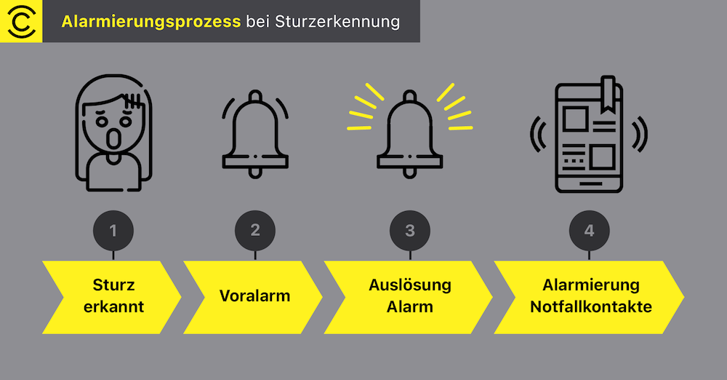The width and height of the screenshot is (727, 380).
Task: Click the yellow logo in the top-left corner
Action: click(x=21, y=21)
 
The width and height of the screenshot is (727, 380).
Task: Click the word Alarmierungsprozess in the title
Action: click(x=151, y=22)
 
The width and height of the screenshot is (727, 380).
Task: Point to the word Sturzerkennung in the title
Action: click(x=338, y=22)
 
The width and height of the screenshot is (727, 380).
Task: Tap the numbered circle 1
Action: click(x=113, y=231)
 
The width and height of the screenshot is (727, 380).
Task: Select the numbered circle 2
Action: click(x=255, y=230)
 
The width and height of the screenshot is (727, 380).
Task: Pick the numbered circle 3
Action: click(x=410, y=231)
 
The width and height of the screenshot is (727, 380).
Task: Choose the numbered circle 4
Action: click(x=589, y=231)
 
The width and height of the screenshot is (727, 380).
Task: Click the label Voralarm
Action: click(x=254, y=296)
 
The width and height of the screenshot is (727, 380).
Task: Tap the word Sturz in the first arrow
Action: click(x=114, y=285)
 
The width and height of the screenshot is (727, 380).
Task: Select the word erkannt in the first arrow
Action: click(x=114, y=306)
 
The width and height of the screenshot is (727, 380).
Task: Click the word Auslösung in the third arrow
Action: click(x=410, y=285)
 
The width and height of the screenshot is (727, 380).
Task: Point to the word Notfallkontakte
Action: click(x=591, y=306)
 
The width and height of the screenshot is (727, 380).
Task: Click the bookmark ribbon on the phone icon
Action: click(x=607, y=88)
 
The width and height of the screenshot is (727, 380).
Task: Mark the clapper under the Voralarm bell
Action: click(x=255, y=172)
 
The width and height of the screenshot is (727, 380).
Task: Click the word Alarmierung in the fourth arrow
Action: click(x=591, y=285)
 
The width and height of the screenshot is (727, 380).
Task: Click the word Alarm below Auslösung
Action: click(x=410, y=306)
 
